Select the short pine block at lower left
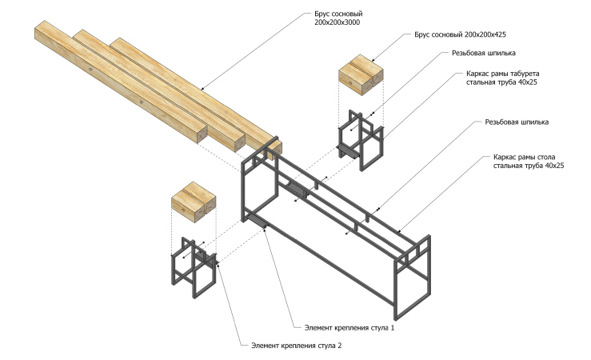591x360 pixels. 194,200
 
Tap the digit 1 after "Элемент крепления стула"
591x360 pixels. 393,328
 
